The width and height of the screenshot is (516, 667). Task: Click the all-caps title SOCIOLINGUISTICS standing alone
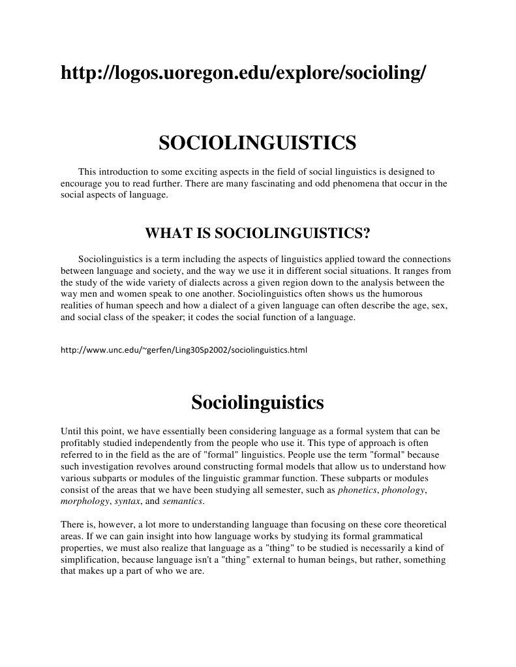click(258, 143)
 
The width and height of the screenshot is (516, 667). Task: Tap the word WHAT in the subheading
click(167, 233)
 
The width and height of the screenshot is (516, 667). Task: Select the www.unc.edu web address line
click(183, 350)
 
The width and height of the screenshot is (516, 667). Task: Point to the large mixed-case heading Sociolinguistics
click(258, 402)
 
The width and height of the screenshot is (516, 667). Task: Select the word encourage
click(81, 183)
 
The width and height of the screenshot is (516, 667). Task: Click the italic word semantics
click(183, 501)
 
